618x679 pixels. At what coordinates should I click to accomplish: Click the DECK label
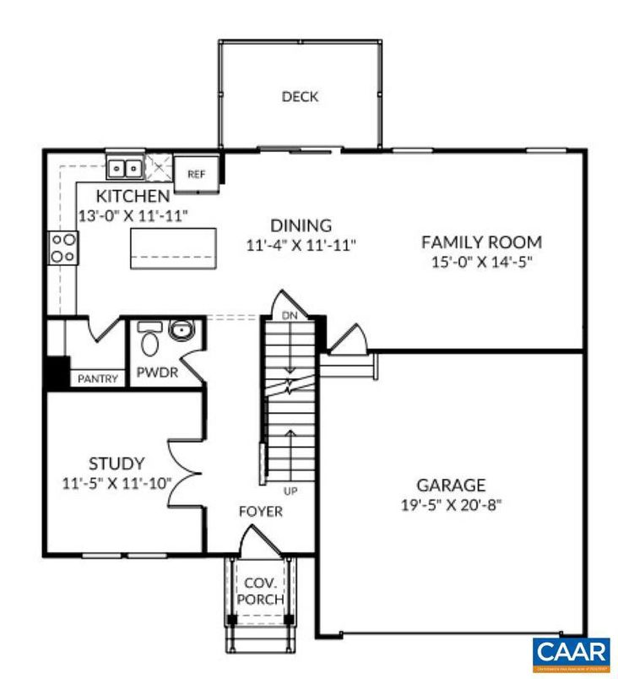pos(300,97)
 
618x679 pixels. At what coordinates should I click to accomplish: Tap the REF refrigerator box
pos(196,172)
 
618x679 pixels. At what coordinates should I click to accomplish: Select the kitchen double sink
pos(125,168)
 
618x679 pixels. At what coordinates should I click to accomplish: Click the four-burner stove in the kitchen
pos(63,248)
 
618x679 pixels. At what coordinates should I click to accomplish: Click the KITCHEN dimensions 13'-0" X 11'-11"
pos(133,216)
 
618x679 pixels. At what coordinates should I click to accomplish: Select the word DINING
pos(301,225)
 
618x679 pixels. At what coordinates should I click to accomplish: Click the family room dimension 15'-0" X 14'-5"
pos(481,263)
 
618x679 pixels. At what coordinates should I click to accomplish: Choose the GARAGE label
pos(451,486)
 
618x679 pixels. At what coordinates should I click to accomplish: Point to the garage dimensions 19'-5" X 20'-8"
pos(451,506)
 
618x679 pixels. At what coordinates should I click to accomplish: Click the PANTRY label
pos(98,378)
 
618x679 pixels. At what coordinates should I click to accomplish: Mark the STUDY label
pos(117,464)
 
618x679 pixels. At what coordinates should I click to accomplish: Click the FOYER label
pos(260,512)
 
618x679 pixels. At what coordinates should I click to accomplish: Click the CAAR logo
pos(571,654)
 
